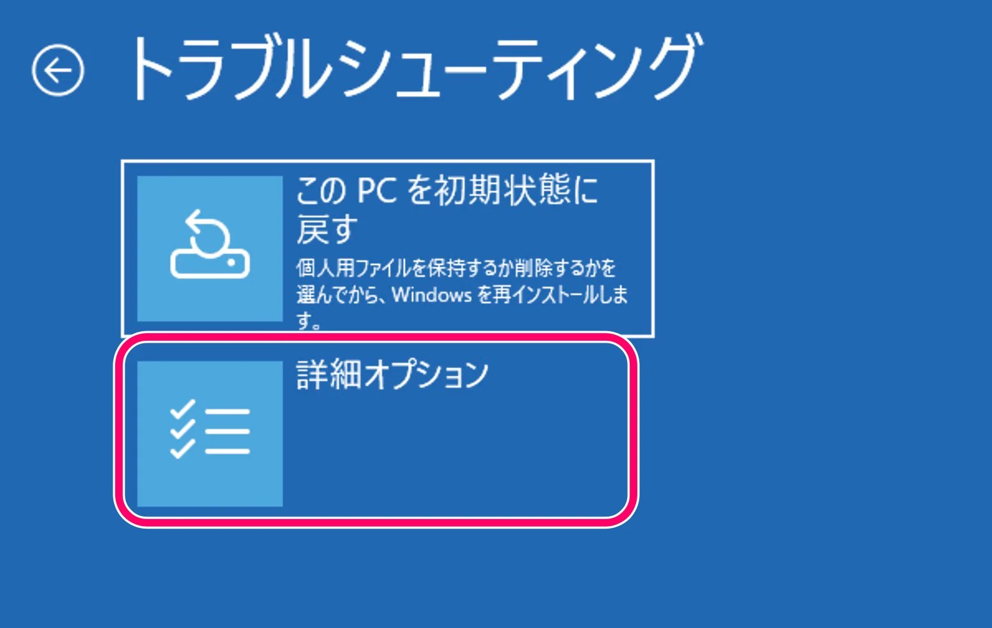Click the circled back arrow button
pos(58,70)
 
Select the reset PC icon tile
pos(210,248)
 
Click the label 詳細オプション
pos(392,375)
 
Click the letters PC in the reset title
pos(377,190)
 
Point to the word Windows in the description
pos(432,295)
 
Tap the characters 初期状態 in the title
pos(503,190)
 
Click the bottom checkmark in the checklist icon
pos(183,449)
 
